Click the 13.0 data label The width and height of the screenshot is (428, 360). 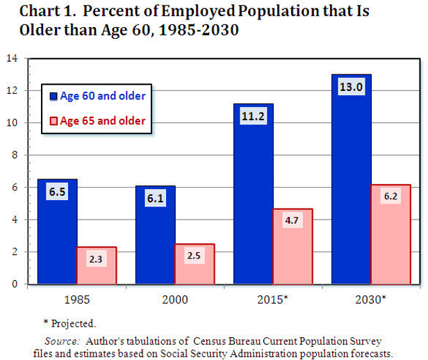[x=352, y=88]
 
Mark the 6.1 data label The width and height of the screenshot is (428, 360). [x=156, y=199]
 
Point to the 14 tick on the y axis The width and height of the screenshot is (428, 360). [x=13, y=58]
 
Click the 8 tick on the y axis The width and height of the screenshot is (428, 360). [x=14, y=155]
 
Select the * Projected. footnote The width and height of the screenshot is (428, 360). [x=69, y=323]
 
